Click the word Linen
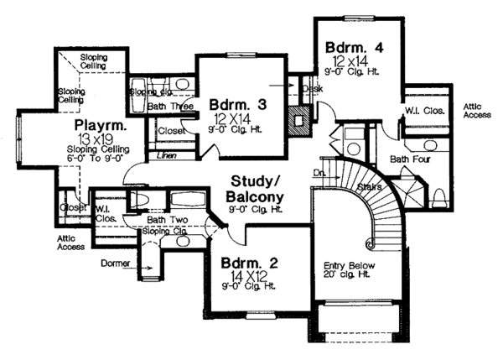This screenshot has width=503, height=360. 167,156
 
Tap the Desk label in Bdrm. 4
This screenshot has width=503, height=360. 313,87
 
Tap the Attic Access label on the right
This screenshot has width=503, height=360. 474,112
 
